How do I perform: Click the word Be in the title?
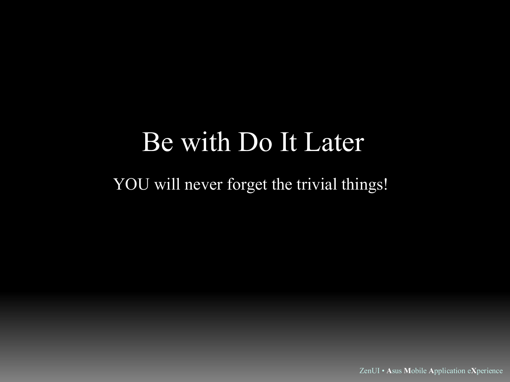tap(158, 142)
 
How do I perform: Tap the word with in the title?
tap(206, 141)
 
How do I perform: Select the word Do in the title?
tap(255, 142)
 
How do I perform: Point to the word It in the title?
tap(288, 142)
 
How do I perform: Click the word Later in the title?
tap(334, 142)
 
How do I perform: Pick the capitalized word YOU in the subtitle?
tap(131, 184)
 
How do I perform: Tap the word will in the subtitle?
tap(167, 184)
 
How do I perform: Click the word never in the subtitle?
tap(204, 186)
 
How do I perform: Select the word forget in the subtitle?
tap(247, 185)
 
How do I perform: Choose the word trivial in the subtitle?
tap(317, 184)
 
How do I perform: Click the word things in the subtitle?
tap(362, 185)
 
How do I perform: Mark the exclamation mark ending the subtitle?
tap(385, 184)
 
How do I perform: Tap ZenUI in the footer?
tap(369, 371)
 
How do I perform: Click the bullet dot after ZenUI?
tap(383, 371)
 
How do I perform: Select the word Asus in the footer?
tap(394, 371)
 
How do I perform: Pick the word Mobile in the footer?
tap(415, 371)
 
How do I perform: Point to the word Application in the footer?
tap(447, 371)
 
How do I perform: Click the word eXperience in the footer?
tap(485, 371)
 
